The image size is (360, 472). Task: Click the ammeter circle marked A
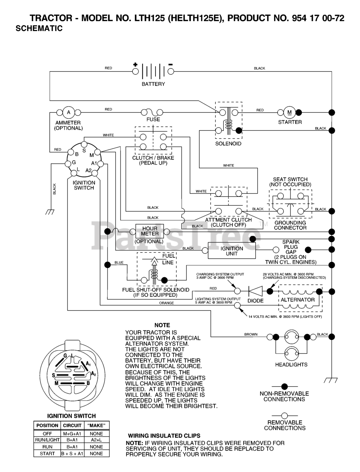tap(69, 112)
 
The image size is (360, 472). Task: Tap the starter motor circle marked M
tap(289, 112)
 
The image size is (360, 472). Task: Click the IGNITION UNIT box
tap(231, 250)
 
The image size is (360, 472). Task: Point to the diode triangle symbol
tap(255, 291)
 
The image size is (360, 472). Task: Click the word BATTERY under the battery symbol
tap(153, 84)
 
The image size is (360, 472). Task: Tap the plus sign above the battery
tap(135, 64)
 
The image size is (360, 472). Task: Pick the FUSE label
tap(153, 119)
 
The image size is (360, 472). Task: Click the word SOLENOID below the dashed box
tap(228, 144)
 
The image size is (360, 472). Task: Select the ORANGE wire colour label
tap(167, 303)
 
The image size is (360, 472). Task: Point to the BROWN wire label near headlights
tap(251, 334)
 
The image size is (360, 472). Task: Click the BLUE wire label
tap(119, 263)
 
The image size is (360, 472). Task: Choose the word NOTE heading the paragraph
tap(162, 325)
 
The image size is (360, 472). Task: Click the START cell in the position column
tap(47, 454)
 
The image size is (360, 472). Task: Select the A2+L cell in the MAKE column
tap(96, 440)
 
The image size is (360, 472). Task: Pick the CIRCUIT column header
tap(72, 426)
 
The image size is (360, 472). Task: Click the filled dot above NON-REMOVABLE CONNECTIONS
tap(284, 386)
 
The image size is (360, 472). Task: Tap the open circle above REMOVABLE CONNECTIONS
tap(284, 416)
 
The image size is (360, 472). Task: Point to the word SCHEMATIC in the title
tap(39, 28)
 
